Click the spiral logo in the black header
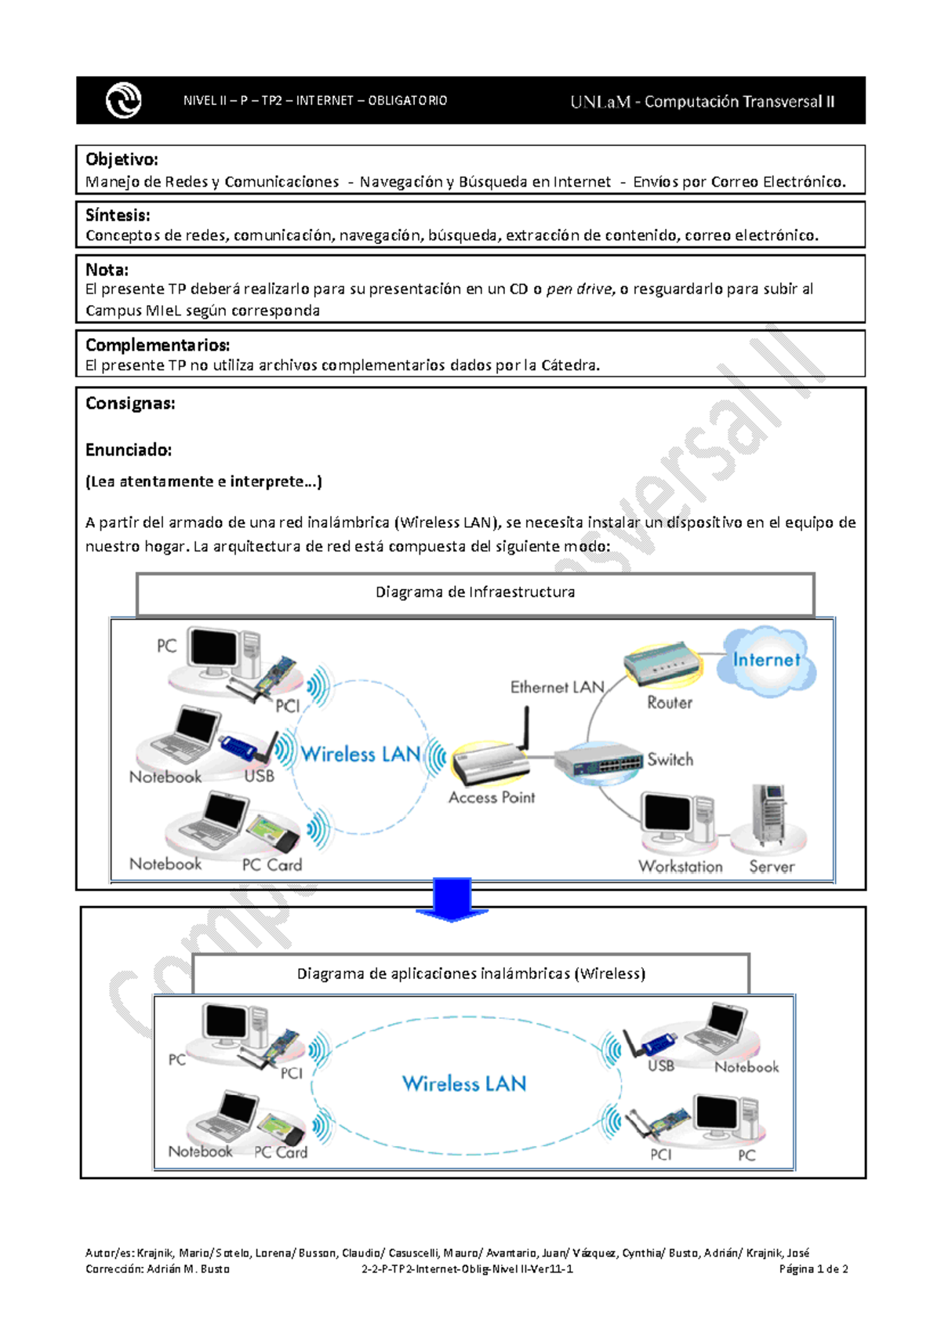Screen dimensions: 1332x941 coord(123,100)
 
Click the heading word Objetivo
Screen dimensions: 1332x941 coord(122,159)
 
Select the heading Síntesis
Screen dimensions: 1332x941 coord(118,215)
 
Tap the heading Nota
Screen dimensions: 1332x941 coord(107,270)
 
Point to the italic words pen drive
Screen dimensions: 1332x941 coord(579,289)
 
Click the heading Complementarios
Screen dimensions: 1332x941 coord(158,345)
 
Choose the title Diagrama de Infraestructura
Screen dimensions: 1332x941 coord(475,592)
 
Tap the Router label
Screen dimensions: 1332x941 coord(670,703)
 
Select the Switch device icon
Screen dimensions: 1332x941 coord(598,760)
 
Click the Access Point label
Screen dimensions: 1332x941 coord(492,798)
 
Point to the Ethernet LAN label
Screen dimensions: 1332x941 coord(557,687)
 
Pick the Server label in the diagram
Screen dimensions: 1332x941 coord(772,867)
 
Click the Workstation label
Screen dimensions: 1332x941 coord(681,867)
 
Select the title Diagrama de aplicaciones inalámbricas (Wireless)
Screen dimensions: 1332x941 coord(471,974)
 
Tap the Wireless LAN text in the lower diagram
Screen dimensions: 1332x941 coord(464,1084)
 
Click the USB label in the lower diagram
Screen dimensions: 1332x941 coord(661,1066)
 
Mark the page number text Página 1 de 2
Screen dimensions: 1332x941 coord(813,1269)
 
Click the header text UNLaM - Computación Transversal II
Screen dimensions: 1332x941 coord(703,102)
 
